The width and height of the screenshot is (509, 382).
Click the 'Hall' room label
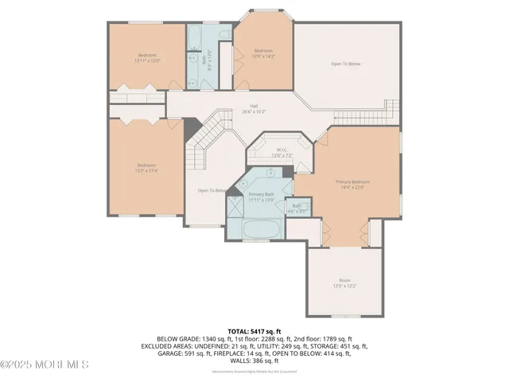(254, 106)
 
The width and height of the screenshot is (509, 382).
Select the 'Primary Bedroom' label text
(354, 181)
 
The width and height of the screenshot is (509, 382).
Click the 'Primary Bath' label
(261, 194)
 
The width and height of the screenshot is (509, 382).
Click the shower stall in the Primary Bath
(236, 208)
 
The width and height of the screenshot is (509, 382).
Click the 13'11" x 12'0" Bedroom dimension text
(147, 60)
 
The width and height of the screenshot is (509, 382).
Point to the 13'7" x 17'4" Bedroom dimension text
(146, 170)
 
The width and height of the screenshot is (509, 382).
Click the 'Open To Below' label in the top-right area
(351, 64)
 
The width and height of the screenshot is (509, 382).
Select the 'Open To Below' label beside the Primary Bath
(212, 190)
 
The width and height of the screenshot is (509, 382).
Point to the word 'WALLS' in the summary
(235, 361)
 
